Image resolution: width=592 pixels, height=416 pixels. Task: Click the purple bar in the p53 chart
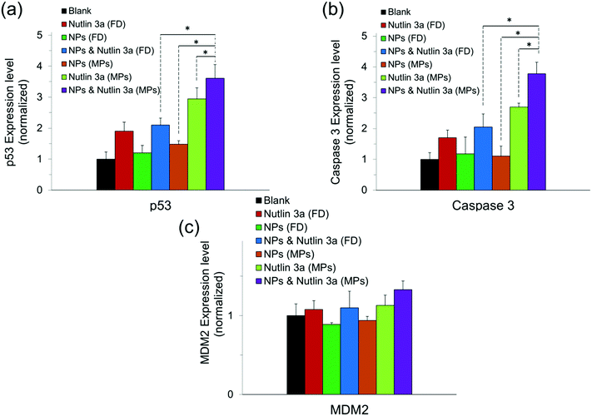tap(215, 134)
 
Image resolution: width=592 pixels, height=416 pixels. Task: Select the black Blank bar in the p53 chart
tap(106, 175)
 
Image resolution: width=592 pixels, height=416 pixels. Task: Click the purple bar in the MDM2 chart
tap(405, 342)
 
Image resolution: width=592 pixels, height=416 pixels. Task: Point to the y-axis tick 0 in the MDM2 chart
tap(269, 394)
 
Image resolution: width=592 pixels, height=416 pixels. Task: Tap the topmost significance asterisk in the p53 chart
tap(188, 29)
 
